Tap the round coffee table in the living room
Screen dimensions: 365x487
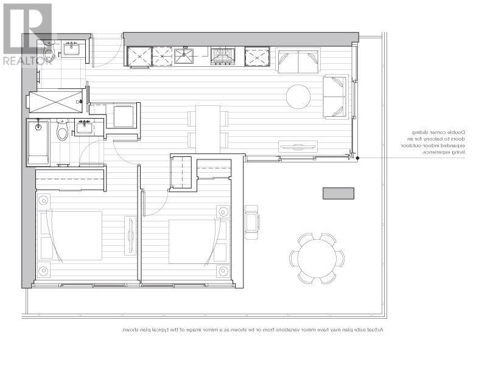(298, 96)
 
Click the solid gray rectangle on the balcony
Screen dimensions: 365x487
(338, 193)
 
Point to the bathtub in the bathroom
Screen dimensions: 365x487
(38, 142)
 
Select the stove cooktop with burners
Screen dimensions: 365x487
(222, 56)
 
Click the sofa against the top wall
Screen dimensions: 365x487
(298, 61)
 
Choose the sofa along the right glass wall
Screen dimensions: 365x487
(335, 96)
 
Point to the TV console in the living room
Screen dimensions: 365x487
(298, 147)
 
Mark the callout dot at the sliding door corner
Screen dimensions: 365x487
(358, 158)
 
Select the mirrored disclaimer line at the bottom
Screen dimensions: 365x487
(253, 330)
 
